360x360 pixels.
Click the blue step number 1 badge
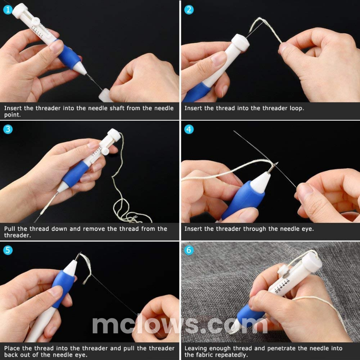[x=8, y=10]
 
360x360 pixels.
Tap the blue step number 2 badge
[x=189, y=10]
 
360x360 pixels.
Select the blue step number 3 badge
[x=8, y=129]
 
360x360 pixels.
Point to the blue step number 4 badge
[x=189, y=129]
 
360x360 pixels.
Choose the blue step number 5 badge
[x=8, y=250]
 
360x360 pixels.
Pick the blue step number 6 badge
[x=189, y=250]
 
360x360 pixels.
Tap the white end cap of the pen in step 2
[x=240, y=43]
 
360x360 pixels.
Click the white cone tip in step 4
[x=261, y=182]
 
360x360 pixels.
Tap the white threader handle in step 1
[x=105, y=95]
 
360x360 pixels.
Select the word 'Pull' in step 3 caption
[x=10, y=229]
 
